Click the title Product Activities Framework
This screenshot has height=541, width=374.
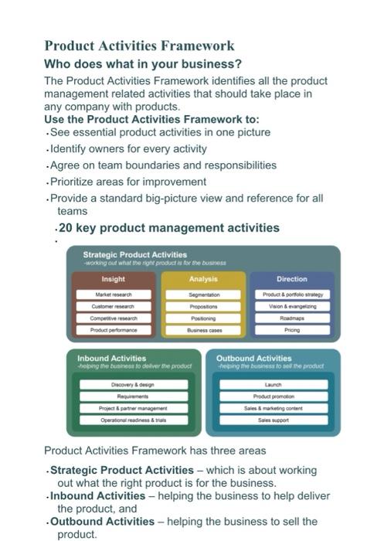[x=139, y=46]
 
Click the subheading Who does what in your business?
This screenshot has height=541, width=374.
[x=143, y=63]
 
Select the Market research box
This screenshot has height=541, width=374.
[x=113, y=294]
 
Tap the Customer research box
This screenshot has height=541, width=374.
[x=113, y=306]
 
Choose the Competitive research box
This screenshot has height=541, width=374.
[x=113, y=318]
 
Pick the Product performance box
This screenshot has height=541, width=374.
[x=113, y=329]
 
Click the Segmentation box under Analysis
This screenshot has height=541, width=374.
[x=203, y=294]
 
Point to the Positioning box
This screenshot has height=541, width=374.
[x=203, y=318]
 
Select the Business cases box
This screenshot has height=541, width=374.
[x=203, y=329]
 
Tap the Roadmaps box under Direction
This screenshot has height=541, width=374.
[x=292, y=318]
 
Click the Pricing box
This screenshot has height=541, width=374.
[x=292, y=329]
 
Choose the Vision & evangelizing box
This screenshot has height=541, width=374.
[x=292, y=306]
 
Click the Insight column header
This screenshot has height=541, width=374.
[x=113, y=279]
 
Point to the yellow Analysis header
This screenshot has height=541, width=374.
[x=203, y=279]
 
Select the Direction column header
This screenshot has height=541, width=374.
[x=292, y=279]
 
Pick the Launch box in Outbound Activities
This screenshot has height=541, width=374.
[x=273, y=384]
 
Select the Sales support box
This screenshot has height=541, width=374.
[x=273, y=420]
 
